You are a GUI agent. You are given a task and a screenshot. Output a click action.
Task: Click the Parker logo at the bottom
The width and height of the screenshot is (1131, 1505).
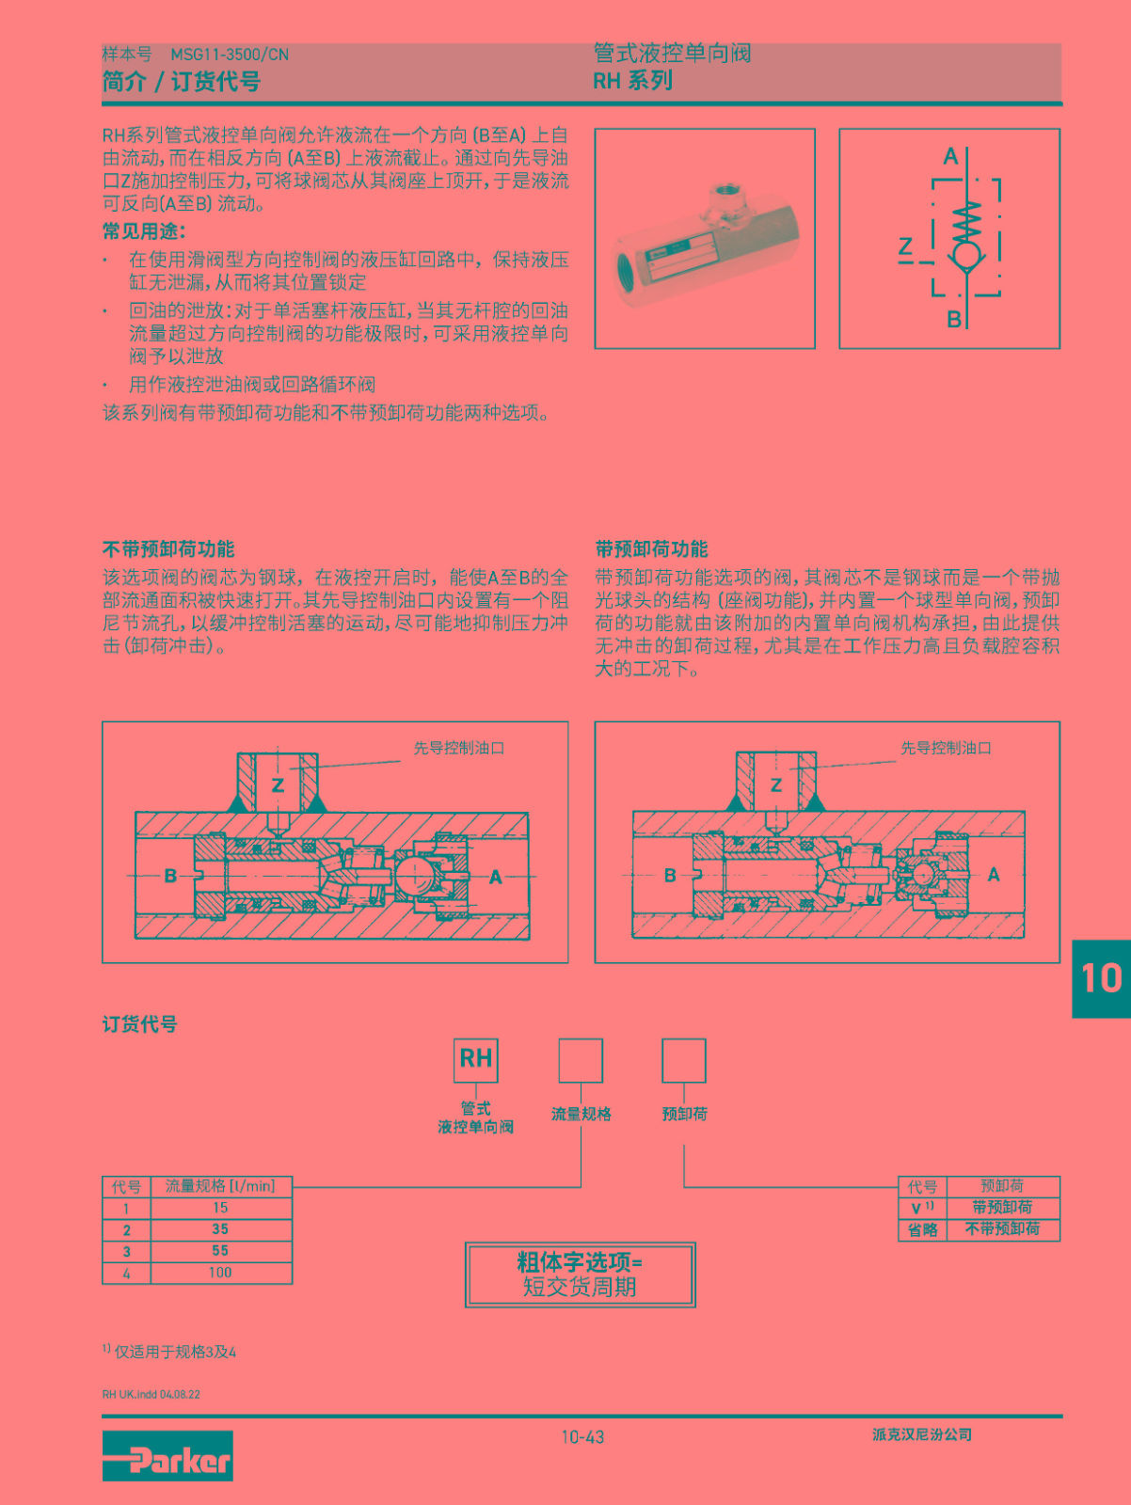click(167, 1456)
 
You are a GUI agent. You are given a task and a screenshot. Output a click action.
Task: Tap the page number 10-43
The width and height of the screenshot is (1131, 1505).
click(582, 1437)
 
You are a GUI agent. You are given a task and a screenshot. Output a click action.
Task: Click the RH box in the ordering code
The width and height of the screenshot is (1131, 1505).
click(475, 1060)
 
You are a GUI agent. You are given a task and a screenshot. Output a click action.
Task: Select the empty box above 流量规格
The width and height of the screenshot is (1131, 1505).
click(581, 1060)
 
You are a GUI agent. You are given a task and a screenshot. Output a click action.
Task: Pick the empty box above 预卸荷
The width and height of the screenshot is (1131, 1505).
click(684, 1060)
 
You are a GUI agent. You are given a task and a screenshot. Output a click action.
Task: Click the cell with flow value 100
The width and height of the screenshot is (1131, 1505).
click(221, 1273)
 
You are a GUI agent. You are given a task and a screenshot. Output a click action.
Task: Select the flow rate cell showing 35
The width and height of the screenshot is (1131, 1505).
click(221, 1229)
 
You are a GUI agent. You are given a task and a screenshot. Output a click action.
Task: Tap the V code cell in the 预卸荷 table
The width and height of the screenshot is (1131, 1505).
click(922, 1208)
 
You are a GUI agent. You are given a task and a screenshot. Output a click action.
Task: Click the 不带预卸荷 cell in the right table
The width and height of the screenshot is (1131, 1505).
click(1003, 1229)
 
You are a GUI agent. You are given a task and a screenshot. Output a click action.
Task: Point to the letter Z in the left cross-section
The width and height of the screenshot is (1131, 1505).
click(278, 785)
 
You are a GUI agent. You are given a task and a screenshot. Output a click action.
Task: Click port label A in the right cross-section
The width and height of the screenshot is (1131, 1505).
click(993, 874)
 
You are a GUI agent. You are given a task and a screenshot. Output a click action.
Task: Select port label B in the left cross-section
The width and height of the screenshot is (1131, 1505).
click(171, 876)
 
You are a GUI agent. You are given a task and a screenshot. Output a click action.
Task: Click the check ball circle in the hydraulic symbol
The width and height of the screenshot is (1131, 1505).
click(967, 256)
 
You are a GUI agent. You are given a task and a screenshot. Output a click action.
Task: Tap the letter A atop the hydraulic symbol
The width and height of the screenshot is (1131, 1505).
click(950, 157)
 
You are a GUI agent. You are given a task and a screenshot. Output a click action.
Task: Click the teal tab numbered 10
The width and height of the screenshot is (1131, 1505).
click(1102, 978)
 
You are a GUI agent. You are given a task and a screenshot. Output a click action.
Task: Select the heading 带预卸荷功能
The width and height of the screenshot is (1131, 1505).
click(651, 549)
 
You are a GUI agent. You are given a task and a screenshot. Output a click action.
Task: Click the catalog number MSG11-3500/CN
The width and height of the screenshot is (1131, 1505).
click(230, 55)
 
